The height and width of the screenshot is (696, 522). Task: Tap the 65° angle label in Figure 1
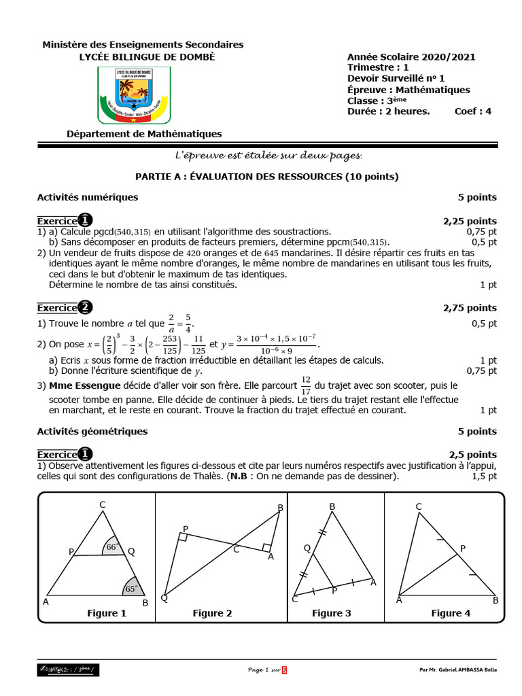tap(131, 589)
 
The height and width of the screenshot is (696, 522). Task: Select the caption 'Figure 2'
tap(212, 613)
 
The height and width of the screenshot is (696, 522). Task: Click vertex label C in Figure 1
tap(102, 504)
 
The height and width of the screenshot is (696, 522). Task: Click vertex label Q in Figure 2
tap(164, 597)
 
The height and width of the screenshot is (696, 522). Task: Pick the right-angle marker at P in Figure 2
tap(183, 537)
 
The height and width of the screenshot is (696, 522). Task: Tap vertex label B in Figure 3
tap(332, 506)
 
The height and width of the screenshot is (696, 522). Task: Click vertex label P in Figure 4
tap(463, 548)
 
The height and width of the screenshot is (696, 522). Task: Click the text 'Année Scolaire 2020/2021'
tap(411, 58)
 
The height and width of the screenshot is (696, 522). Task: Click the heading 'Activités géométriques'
tap(92, 431)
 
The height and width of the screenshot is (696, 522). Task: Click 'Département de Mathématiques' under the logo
tap(143, 134)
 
